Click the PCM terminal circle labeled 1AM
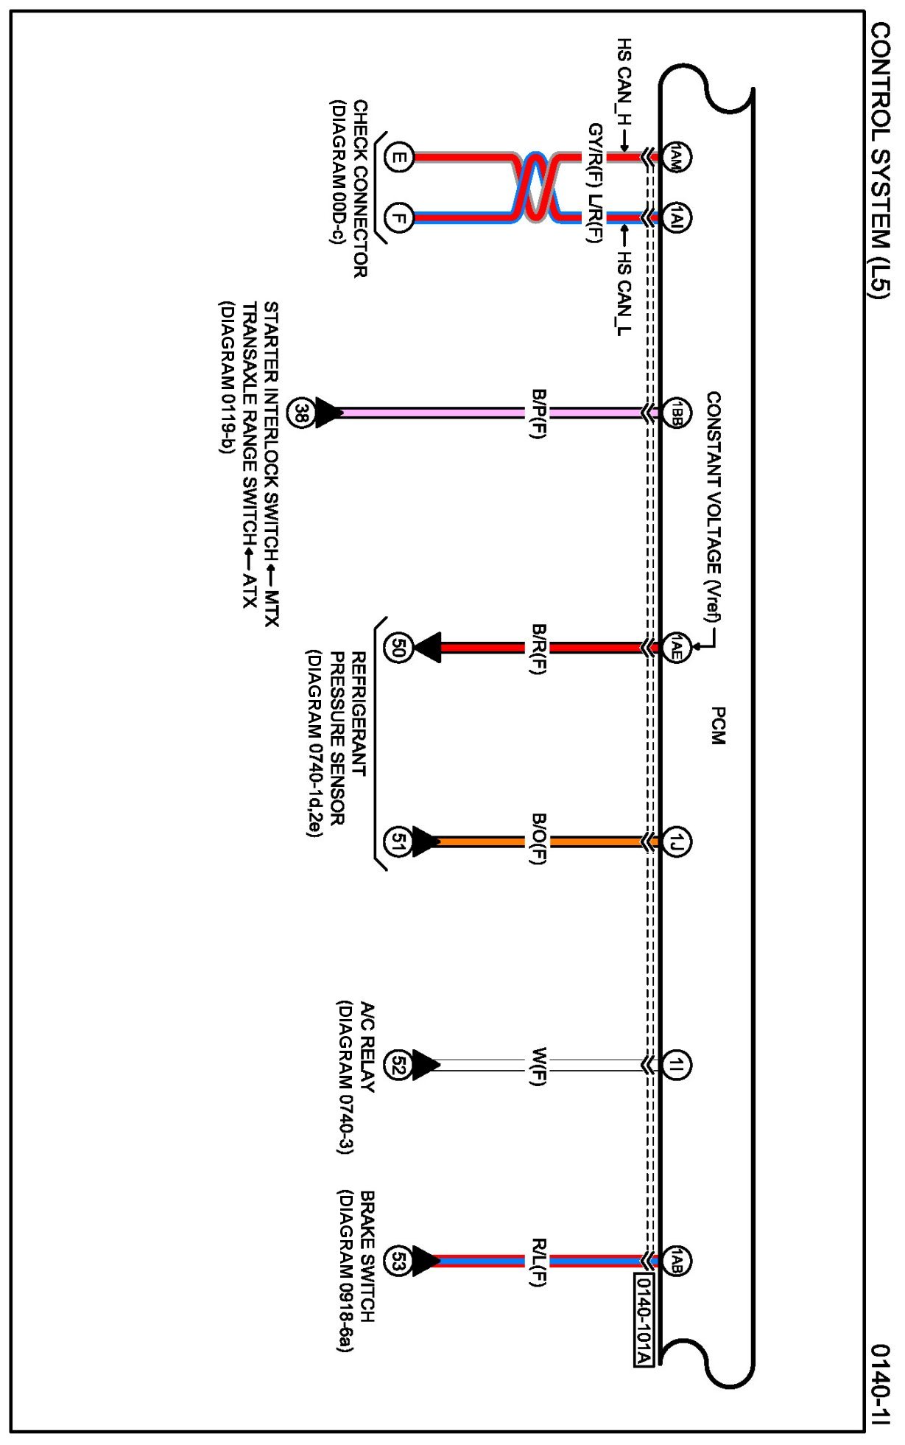coord(676,157)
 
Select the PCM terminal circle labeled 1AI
coord(676,218)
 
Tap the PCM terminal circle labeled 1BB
coord(676,413)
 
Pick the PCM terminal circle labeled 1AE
coord(676,648)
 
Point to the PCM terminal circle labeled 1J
coord(676,842)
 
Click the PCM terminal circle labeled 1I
coord(676,1065)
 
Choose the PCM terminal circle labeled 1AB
coord(676,1262)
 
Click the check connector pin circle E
coord(399,157)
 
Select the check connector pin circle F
coord(399,218)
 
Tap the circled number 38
coord(300,413)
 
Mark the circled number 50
coord(398,648)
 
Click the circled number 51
coord(398,842)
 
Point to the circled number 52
coord(398,1065)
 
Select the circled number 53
coord(398,1262)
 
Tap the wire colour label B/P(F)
coord(538,413)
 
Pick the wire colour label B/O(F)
coord(538,842)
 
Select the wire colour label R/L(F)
coord(538,1262)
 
